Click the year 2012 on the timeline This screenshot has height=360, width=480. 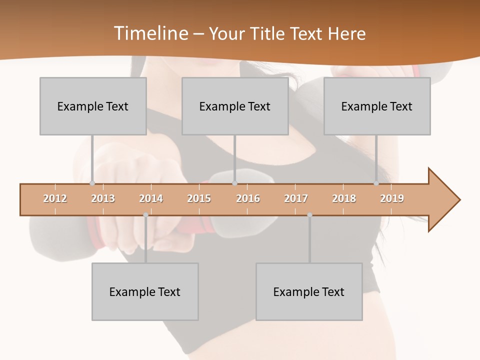coord(55,198)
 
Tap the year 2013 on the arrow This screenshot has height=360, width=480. coord(103,198)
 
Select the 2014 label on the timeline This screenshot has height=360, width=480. coord(151,198)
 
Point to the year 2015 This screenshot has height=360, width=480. coord(199,198)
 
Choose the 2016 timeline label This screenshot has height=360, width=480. coord(248,198)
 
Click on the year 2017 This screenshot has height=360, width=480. coord(296,198)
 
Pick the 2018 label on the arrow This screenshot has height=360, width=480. coord(344,198)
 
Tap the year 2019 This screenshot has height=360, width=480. coord(392,198)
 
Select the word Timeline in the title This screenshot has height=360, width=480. coord(150,33)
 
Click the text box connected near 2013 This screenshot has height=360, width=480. coord(93,106)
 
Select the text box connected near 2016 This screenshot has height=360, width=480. coord(235,106)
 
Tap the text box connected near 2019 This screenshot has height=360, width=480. coord(377,106)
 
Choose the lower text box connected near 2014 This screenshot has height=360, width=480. coord(145,291)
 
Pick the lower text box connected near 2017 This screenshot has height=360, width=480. coord(309,291)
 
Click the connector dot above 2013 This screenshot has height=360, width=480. coord(92,183)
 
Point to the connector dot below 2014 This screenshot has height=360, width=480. coord(145,215)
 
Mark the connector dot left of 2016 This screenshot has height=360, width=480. coord(234,183)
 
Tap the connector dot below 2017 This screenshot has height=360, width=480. coord(309,215)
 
